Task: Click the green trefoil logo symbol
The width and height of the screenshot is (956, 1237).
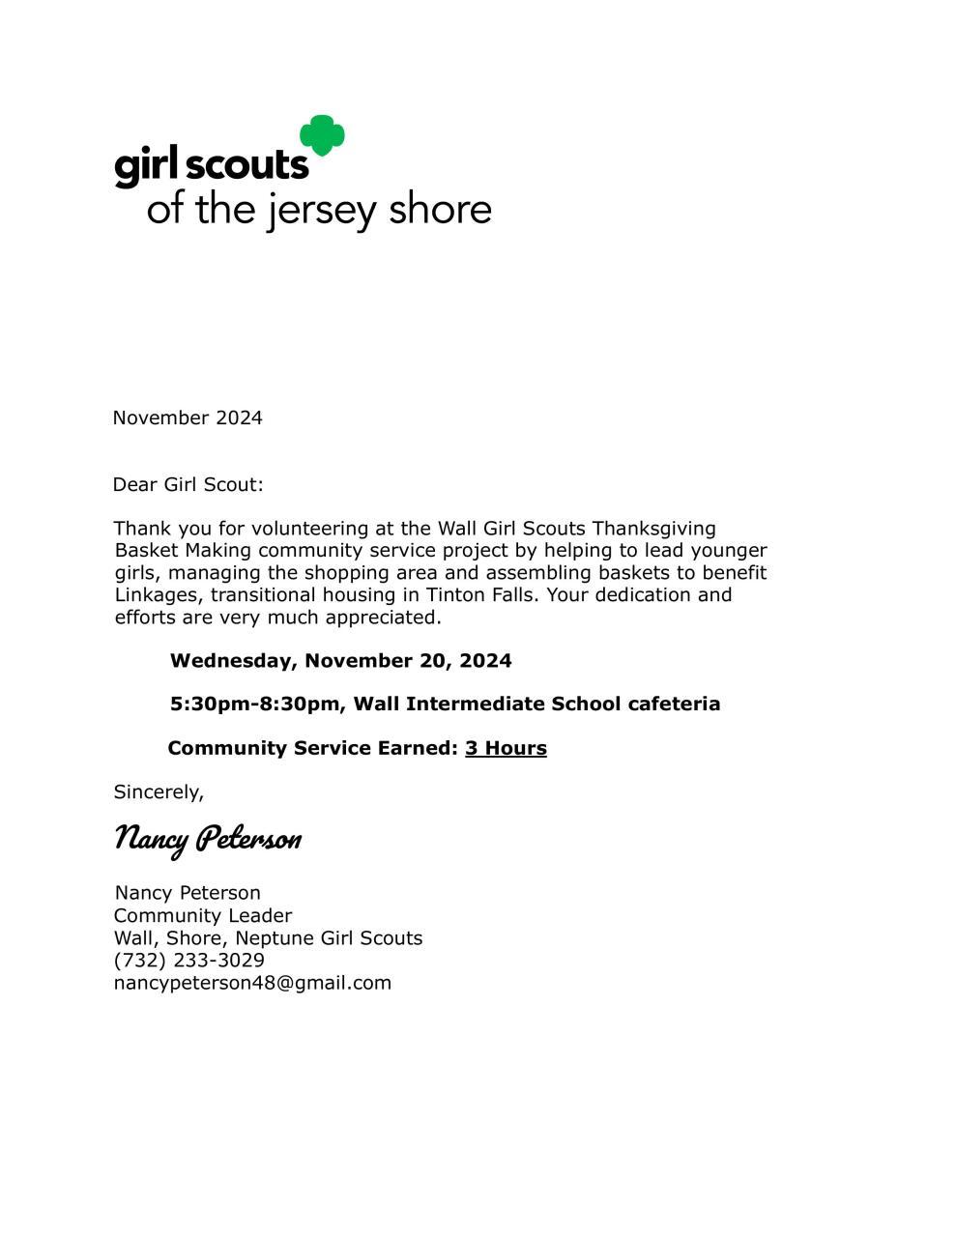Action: tap(322, 135)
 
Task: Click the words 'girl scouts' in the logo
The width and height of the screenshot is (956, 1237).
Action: tap(211, 165)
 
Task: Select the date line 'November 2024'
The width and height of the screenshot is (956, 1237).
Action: tap(188, 417)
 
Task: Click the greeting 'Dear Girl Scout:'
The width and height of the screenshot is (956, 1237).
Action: tap(188, 484)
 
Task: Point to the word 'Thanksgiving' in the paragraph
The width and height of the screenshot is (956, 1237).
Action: tap(653, 529)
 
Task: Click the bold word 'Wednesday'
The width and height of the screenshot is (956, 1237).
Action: tap(233, 661)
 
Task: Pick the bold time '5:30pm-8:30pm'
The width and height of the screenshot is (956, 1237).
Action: tap(254, 704)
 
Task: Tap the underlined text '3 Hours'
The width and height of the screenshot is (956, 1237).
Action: tap(506, 748)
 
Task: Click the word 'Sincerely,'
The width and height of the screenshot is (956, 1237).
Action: tap(159, 792)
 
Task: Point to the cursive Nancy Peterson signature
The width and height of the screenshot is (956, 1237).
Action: tap(208, 838)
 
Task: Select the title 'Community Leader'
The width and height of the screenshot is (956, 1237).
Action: tap(203, 915)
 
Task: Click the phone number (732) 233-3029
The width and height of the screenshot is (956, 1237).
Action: tap(189, 960)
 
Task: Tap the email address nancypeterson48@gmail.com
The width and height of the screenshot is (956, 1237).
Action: tap(252, 983)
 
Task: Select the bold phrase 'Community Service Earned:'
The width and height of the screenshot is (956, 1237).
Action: tap(312, 748)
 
